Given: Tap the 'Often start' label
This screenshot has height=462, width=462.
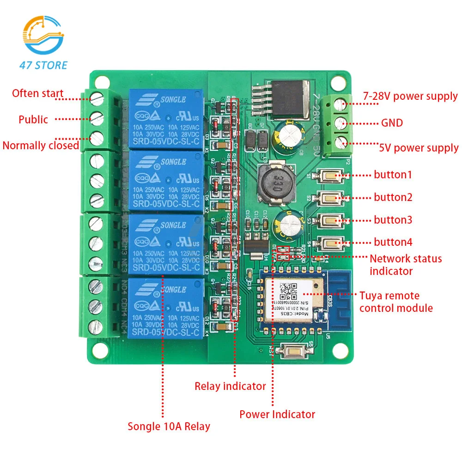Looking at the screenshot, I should [37, 93].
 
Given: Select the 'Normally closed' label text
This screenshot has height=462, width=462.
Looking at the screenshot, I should [41, 146].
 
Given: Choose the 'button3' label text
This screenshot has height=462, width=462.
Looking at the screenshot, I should [393, 220].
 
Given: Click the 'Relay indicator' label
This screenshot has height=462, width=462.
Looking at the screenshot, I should [230, 386].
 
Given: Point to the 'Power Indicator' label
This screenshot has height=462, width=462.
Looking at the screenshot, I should [277, 414].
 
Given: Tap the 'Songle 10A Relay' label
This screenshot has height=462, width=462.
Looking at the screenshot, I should [169, 426].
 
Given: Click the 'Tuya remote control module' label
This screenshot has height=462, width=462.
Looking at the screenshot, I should [395, 302].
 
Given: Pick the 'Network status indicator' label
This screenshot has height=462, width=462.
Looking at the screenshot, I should [405, 265].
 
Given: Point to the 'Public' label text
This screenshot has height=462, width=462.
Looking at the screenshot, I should [33, 120].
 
